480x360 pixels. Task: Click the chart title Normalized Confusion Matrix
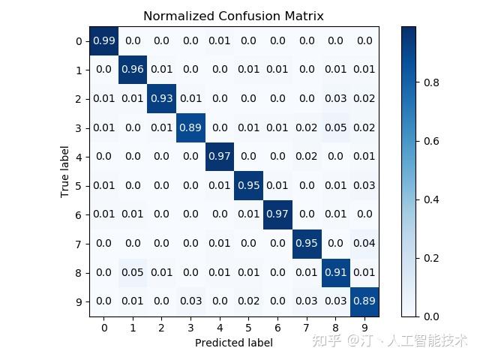point(234,16)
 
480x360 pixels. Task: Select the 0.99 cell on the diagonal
point(103,41)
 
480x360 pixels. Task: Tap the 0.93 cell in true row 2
point(162,99)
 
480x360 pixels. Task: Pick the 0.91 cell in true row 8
point(335,273)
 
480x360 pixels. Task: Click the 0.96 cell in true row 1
point(133,70)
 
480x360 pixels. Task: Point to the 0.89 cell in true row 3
point(190,128)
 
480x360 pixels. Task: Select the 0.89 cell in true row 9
point(364,301)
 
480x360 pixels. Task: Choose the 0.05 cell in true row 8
point(133,273)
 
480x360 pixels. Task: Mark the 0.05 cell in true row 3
point(335,128)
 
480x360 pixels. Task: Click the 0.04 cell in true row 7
point(364,244)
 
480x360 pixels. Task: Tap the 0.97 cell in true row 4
point(220,157)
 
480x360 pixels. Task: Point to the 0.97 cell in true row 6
point(277,215)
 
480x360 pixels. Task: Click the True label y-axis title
point(66,172)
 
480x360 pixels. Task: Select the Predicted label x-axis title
point(234,343)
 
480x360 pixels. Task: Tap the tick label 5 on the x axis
point(249,328)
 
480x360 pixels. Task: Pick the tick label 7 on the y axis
point(79,244)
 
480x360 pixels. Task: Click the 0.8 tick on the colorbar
point(433,82)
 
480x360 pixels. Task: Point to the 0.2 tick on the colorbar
point(433,258)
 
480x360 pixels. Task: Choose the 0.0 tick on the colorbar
point(433,316)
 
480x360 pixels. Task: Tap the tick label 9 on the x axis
point(364,328)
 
